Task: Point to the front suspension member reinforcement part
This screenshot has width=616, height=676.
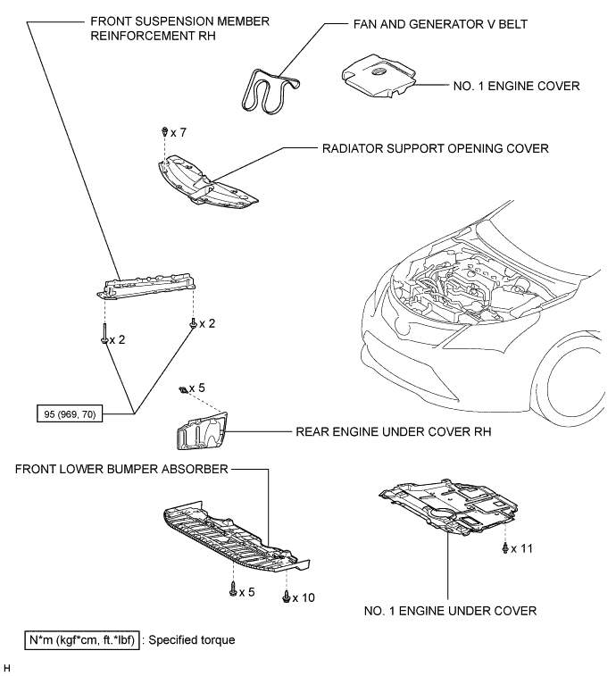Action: coord(146,286)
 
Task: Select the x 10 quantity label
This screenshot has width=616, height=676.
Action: coord(303,596)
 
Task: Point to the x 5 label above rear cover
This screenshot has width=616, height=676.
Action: coord(196,388)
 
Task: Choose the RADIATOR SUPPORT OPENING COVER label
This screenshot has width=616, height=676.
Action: coord(436,150)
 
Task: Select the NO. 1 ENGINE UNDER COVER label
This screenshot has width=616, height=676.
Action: coord(450,611)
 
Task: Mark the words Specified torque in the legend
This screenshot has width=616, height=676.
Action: coord(191,639)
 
